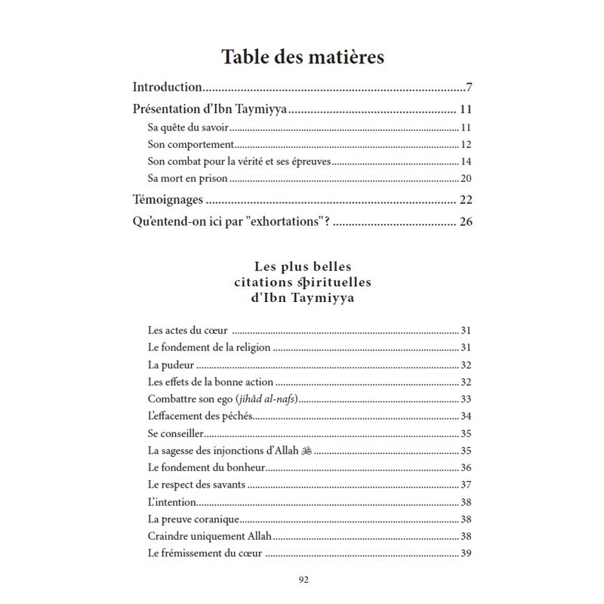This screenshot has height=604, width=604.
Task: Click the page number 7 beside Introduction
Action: [469, 87]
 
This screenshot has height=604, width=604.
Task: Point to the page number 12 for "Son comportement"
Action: [466, 144]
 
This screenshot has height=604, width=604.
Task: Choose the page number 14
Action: [466, 162]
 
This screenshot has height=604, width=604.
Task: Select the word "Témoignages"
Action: [168, 200]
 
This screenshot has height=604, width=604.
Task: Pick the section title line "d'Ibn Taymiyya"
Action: [303, 297]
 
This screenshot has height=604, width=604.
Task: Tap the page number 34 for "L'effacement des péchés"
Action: [466, 416]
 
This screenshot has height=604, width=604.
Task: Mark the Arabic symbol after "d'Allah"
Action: [306, 451]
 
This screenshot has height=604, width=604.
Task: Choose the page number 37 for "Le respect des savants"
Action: [466, 485]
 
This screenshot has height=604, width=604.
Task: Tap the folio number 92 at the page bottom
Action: [303, 580]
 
